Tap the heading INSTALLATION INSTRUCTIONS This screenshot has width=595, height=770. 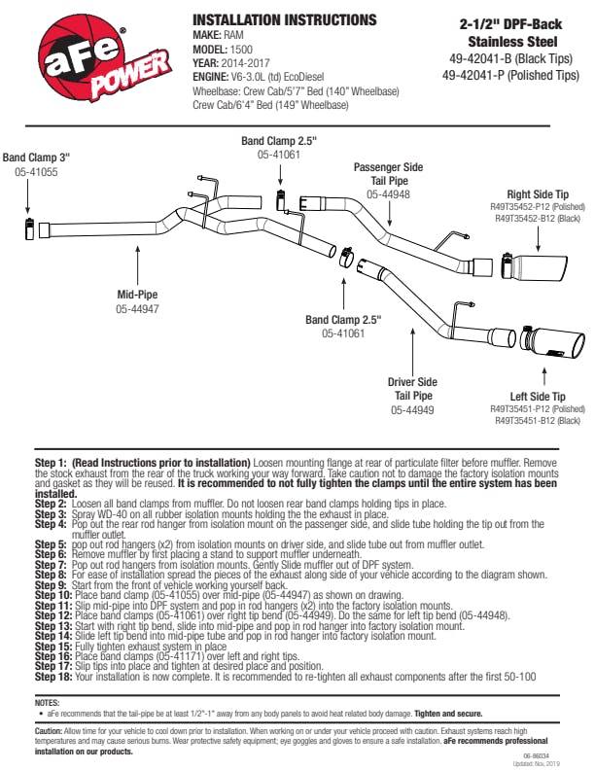click(285, 20)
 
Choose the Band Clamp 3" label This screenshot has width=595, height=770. click(36, 157)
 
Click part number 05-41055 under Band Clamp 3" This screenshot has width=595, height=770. click(36, 172)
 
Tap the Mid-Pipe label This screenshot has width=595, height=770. click(138, 293)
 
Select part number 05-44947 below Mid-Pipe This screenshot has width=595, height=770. click(138, 308)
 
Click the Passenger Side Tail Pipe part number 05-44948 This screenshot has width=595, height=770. click(388, 194)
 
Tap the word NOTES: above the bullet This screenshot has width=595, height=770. click(47, 702)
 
